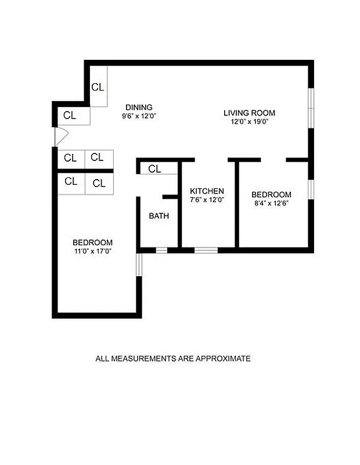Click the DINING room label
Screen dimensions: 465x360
(139, 107)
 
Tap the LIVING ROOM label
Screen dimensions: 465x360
(249, 113)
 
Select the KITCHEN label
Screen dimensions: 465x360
(207, 191)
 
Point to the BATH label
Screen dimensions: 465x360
(159, 216)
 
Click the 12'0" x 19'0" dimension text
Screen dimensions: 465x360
(249, 121)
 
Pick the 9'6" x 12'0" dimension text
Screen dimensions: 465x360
(139, 116)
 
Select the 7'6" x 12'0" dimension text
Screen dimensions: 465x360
(207, 199)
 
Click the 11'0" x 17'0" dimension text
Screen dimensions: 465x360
(92, 251)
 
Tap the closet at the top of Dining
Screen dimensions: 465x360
(98, 87)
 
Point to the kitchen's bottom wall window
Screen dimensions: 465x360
(206, 251)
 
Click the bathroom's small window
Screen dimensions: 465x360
(161, 251)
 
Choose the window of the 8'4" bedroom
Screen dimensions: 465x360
(311, 189)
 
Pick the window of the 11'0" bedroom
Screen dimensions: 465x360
(138, 264)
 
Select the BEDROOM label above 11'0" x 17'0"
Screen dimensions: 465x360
(92, 242)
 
